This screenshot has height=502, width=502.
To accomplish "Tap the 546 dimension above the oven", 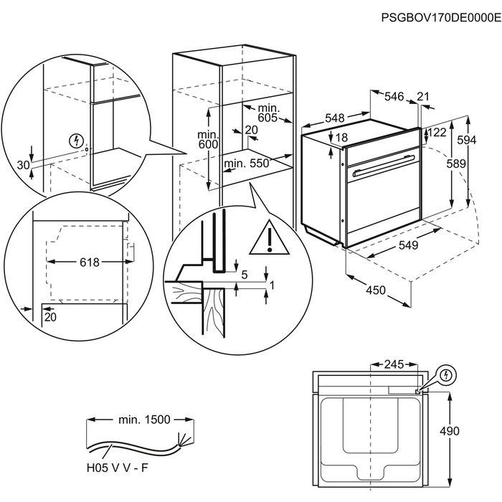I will click(x=392, y=95).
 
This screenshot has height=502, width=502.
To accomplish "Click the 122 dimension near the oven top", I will click(x=437, y=132).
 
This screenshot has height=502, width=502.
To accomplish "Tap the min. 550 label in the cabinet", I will click(x=246, y=164).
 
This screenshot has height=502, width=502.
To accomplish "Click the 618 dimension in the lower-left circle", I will click(x=89, y=262).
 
